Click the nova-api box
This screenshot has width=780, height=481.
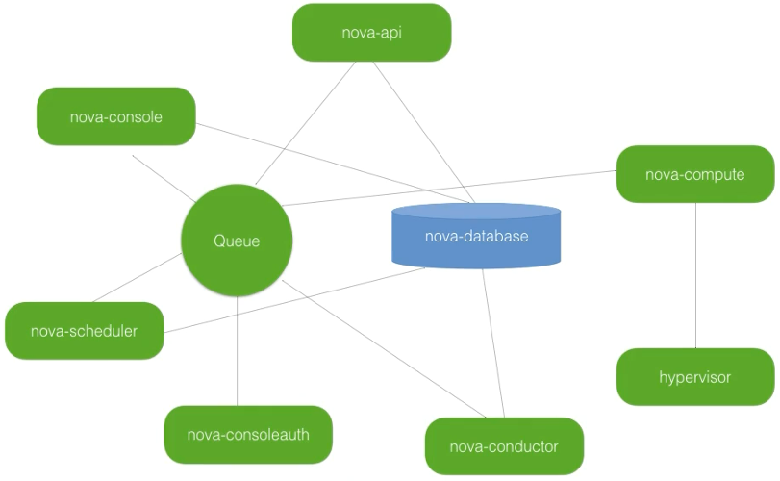click(x=371, y=32)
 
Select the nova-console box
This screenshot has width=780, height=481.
click(x=115, y=116)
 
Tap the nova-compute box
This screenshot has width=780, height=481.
click(x=694, y=174)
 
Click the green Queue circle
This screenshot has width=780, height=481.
click(x=237, y=240)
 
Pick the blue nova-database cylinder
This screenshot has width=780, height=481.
click(x=476, y=237)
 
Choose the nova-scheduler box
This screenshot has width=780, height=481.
click(x=84, y=332)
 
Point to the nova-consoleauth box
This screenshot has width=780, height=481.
click(x=248, y=434)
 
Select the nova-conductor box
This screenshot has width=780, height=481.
click(x=503, y=445)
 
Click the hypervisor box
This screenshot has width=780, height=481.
click(x=694, y=376)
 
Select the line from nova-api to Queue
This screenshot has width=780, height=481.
click(x=305, y=124)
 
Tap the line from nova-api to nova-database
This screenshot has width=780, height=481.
click(x=423, y=133)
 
